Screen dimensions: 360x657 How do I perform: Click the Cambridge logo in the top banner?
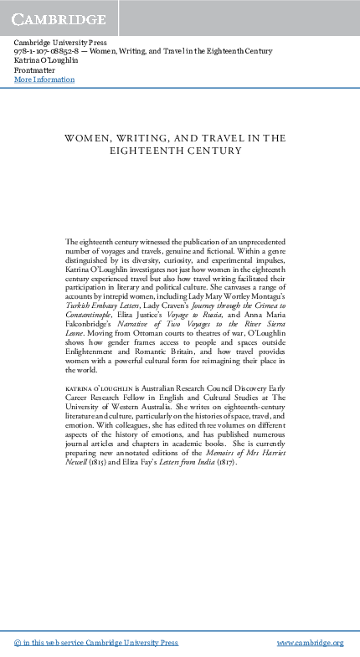point(59,18)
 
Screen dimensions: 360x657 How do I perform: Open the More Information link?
point(44,80)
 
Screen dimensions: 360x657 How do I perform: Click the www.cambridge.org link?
point(310,642)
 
